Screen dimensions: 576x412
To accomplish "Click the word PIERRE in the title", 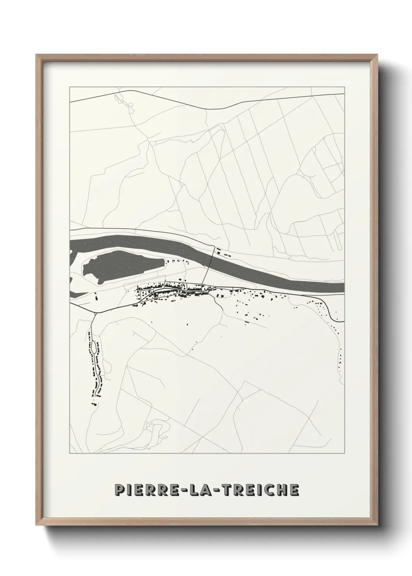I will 141,490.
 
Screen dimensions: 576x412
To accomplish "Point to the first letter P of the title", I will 118,490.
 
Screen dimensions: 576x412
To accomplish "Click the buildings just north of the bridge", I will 224,253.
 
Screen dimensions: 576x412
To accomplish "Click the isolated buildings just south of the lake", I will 96,297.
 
